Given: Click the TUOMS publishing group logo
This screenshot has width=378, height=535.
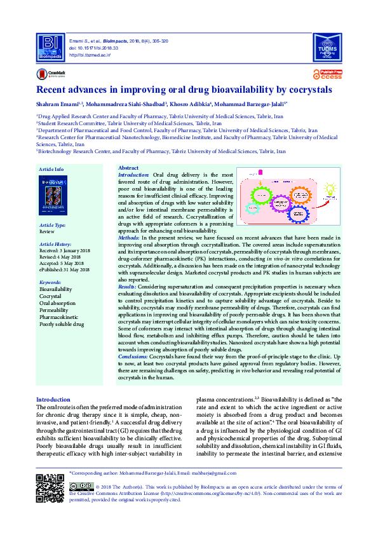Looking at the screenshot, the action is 328,46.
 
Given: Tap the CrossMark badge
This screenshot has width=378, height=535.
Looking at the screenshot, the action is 48,74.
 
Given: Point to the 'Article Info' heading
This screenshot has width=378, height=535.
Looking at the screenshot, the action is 51,169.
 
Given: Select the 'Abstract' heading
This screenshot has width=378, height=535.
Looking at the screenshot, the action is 129,167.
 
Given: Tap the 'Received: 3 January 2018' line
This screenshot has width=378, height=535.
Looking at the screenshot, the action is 64,251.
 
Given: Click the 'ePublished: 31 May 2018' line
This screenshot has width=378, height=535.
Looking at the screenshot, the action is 65,269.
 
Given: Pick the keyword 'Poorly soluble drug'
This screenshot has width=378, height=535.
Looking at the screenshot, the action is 64,324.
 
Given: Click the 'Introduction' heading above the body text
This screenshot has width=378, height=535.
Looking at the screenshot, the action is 53,398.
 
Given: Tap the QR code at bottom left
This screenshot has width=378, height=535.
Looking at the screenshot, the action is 50,488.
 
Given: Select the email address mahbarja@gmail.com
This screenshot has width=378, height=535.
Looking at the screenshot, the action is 227,473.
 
